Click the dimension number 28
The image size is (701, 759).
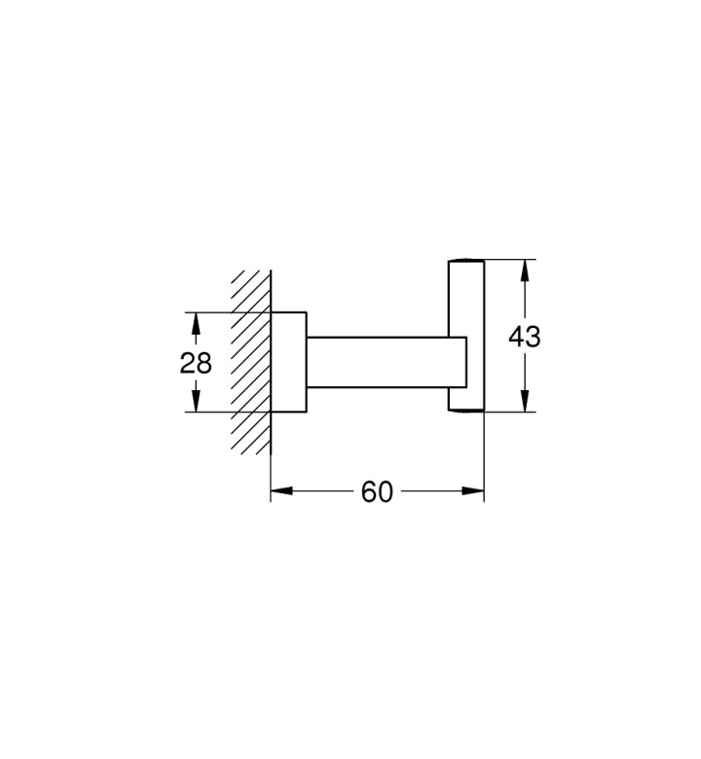(196, 363)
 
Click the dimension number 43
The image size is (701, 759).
(524, 337)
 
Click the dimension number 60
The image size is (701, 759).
(377, 491)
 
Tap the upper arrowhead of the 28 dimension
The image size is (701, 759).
(196, 324)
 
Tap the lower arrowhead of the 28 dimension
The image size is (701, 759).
(196, 401)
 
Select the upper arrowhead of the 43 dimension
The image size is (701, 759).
(525, 271)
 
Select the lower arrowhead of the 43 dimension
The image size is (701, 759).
(525, 400)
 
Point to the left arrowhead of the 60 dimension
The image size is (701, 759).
(282, 490)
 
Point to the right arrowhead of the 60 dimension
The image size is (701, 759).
(473, 490)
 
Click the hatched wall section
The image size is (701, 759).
(250, 362)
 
